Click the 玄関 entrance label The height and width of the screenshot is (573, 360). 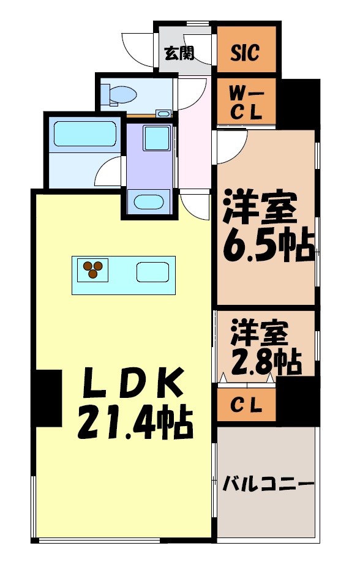point(179,54)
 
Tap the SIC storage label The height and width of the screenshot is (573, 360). point(244,53)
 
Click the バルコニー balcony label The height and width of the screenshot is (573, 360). point(268,485)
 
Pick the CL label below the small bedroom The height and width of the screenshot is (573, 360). point(246,405)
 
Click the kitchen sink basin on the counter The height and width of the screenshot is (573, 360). point(153,271)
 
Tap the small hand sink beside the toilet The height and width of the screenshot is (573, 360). point(163,113)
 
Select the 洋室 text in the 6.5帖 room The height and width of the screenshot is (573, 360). point(260,208)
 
